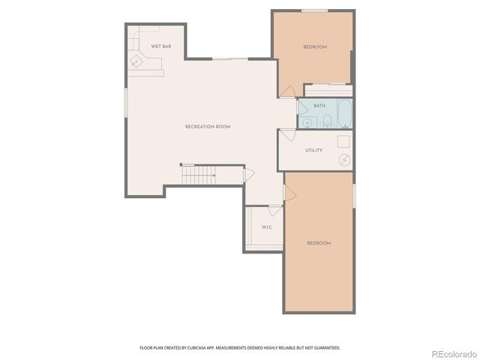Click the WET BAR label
click(160, 46)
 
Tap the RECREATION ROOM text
click(207, 127)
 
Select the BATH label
click(319, 106)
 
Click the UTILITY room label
click(313, 150)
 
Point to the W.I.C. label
click(266, 226)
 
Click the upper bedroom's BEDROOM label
click(315, 47)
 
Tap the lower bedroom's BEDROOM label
click(319, 243)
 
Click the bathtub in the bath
click(344, 114)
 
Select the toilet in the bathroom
click(327, 121)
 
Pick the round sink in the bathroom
click(307, 122)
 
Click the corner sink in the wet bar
click(136, 61)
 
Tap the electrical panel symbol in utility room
click(343, 159)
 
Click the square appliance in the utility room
click(343, 140)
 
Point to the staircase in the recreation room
click(199, 175)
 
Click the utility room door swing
click(287, 136)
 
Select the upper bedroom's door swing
click(287, 91)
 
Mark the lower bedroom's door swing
click(289, 193)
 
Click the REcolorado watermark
click(451, 352)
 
